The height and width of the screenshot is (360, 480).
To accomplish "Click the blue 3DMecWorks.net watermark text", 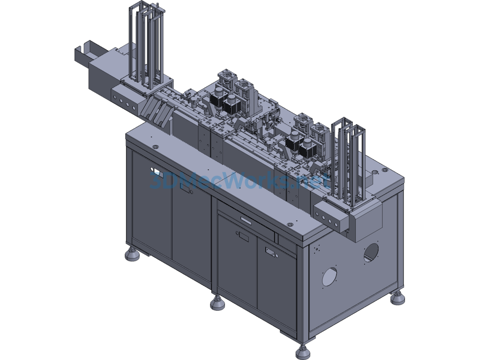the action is coord(240,180).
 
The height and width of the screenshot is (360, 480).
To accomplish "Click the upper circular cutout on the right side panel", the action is coord(371,252).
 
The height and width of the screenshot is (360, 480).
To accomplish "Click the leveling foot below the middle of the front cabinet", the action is coord(217,303).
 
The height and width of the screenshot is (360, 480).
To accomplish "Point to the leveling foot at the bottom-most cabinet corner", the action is coord(303,352).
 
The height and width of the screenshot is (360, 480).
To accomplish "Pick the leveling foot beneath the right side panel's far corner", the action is coord(397,297).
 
